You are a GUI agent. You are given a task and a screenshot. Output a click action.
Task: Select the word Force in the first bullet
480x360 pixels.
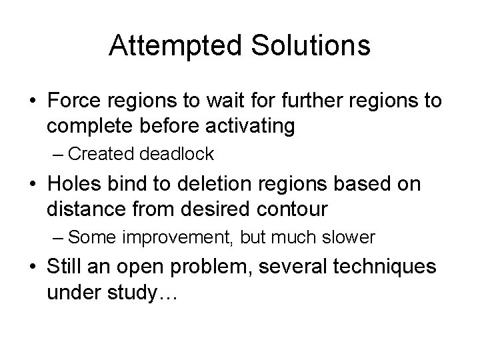(x=71, y=101)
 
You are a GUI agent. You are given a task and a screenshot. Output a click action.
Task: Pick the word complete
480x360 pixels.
(x=83, y=125)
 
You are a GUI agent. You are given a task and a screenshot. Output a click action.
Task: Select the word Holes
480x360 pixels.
(x=72, y=185)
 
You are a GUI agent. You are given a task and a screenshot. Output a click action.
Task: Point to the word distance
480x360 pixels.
(x=79, y=208)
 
